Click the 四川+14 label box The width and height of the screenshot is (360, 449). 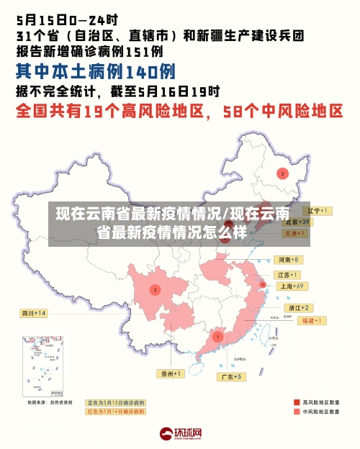coord(34,313)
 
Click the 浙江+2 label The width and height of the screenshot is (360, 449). coord(295,307)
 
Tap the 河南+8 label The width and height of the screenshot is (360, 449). coord(288,259)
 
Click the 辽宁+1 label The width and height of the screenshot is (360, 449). coord(318,211)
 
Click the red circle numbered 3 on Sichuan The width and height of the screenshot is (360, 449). coord(154,289)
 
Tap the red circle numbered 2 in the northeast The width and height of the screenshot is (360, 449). coord(282,173)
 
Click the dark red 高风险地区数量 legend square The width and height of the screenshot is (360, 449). coord(297,402)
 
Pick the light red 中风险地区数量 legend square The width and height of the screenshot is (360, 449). coord(297,412)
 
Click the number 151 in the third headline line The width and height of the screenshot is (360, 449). coord(137,51)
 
